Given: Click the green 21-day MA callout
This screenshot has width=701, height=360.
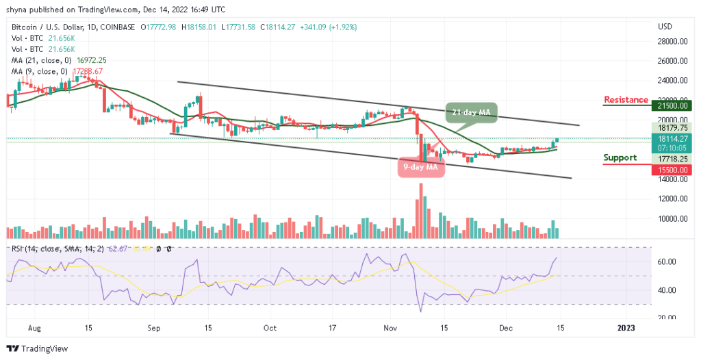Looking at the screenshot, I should [474, 112].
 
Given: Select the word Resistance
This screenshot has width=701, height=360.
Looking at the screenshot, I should [626, 100].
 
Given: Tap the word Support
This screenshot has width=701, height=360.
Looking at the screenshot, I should [620, 158].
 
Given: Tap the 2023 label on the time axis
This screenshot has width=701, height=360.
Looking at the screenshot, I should [626, 327].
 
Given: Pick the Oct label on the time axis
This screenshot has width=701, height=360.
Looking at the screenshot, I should [270, 327].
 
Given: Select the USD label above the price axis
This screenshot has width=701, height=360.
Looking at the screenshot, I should [665, 27].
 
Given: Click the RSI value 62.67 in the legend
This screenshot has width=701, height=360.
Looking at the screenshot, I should [128, 248].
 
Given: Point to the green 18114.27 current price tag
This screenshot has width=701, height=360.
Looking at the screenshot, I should [671, 137].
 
